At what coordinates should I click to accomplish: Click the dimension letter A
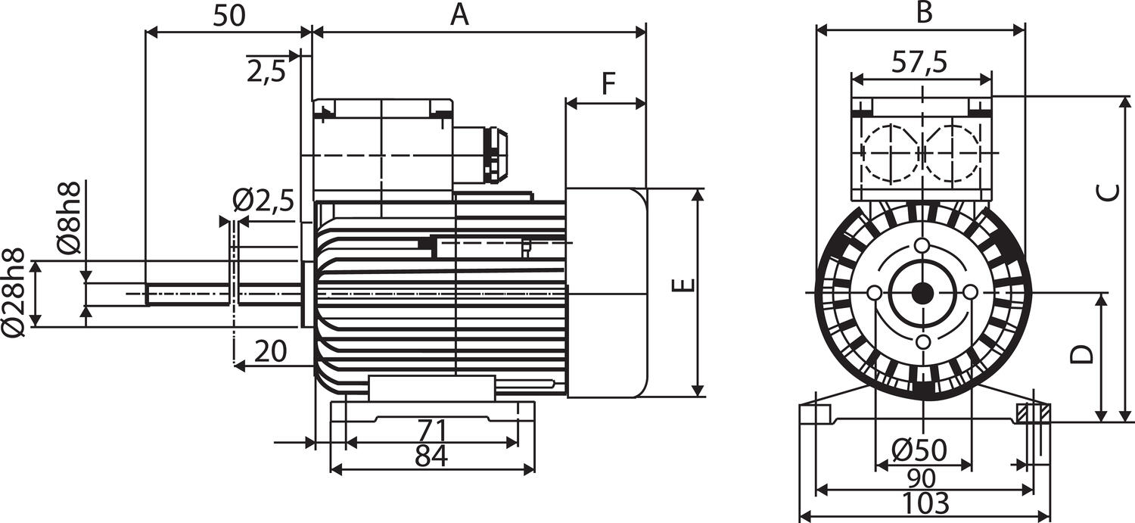tap(459, 14)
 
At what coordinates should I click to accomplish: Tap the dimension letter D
tap(1084, 353)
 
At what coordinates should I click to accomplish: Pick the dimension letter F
tap(608, 84)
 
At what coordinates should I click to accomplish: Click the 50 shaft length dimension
tap(229, 16)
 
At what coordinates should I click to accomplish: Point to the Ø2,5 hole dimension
tap(263, 202)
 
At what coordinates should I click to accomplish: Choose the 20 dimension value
tap(270, 351)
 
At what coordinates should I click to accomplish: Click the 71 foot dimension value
tap(432, 431)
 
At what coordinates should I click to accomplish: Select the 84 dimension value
tap(432, 456)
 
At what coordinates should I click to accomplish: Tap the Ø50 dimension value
tap(919, 451)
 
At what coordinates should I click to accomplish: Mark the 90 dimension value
tap(921, 478)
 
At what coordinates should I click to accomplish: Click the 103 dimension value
tap(925, 503)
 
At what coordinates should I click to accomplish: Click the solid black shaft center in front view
tap(922, 293)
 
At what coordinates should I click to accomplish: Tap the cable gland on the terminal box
tap(496, 154)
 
